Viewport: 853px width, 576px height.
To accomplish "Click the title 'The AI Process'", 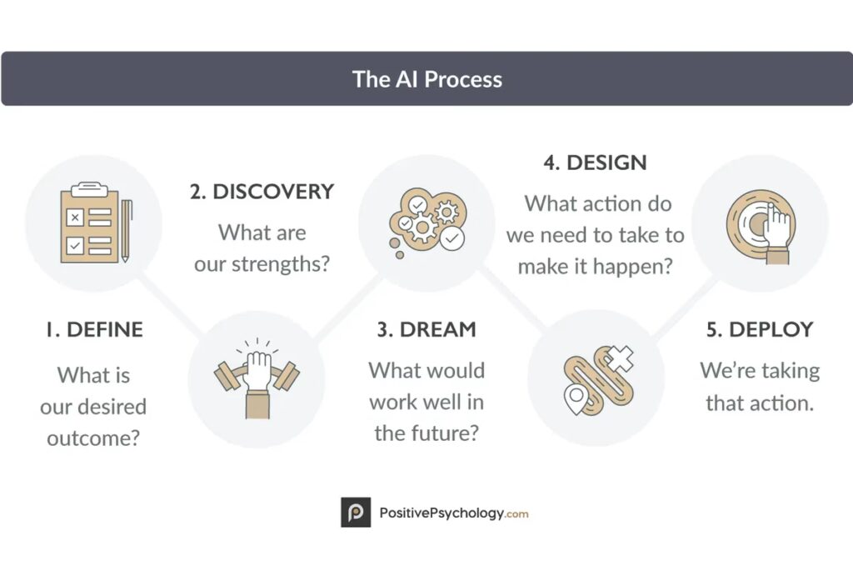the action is click(427, 79).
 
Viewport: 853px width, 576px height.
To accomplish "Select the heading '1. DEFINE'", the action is click(94, 329).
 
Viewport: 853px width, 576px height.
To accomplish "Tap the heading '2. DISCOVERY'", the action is click(262, 192).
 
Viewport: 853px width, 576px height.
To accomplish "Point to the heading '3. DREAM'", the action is click(426, 329).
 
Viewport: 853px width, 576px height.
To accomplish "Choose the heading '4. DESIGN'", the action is click(595, 163).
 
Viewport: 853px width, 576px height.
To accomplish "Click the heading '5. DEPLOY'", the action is click(760, 329).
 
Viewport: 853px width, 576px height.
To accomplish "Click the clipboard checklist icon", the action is click(90, 223).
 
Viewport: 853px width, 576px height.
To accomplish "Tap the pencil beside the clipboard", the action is click(127, 231).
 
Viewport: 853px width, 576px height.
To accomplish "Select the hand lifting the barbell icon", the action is click(257, 378).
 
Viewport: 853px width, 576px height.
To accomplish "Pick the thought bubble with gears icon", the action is click(427, 222).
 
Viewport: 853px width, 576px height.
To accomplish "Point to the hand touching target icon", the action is click(761, 225).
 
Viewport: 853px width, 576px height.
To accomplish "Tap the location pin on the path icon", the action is click(576, 399).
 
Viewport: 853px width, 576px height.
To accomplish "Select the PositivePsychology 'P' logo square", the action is click(356, 513).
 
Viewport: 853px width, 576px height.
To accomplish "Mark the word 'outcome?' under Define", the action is click(93, 438).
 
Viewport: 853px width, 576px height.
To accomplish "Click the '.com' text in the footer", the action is click(516, 514).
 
